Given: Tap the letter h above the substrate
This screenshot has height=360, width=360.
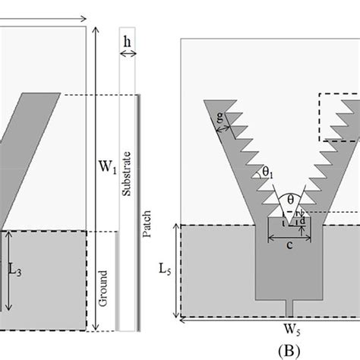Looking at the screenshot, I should (x=125, y=40).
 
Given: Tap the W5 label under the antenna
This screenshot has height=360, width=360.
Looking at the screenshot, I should (x=269, y=330).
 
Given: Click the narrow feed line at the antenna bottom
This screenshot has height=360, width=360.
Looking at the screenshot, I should (x=292, y=308).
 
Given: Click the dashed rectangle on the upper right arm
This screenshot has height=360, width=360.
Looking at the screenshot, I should (x=339, y=117).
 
